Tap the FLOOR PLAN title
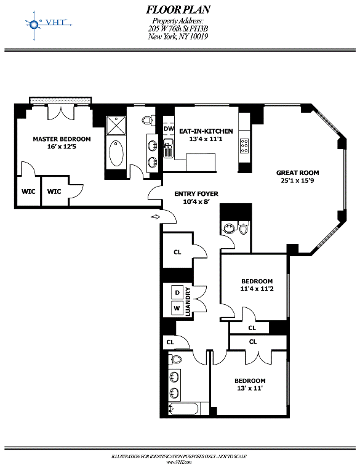point(178,10)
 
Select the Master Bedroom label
point(62,139)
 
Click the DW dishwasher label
point(169,129)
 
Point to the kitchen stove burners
point(244,145)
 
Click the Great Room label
point(298,173)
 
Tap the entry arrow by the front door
point(155,217)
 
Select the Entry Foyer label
point(196,194)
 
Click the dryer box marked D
point(177,293)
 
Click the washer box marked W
point(177,308)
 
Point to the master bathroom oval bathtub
point(116,153)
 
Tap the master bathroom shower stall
point(116,126)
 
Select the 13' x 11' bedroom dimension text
point(250,389)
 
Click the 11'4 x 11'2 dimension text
point(257,289)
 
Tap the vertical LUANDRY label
point(188,302)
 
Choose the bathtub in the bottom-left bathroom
point(183,410)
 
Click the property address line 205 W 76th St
point(178,29)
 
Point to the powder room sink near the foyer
point(228,228)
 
